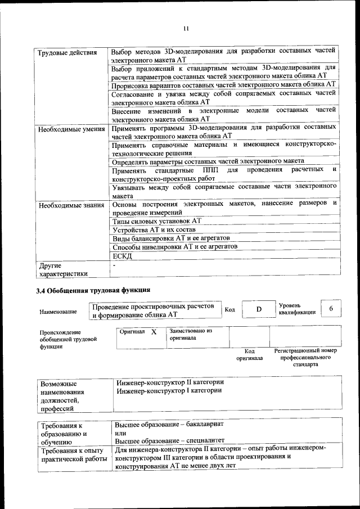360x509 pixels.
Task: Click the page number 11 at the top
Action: [186, 29]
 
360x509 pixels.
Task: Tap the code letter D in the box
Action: [259, 309]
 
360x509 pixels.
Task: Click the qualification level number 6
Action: [331, 309]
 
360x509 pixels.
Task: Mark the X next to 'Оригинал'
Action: [153, 332]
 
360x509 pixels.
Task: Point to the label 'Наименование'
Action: [58, 312]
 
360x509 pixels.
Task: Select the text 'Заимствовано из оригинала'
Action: [191, 335]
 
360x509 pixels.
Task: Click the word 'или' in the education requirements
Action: [120, 433]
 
